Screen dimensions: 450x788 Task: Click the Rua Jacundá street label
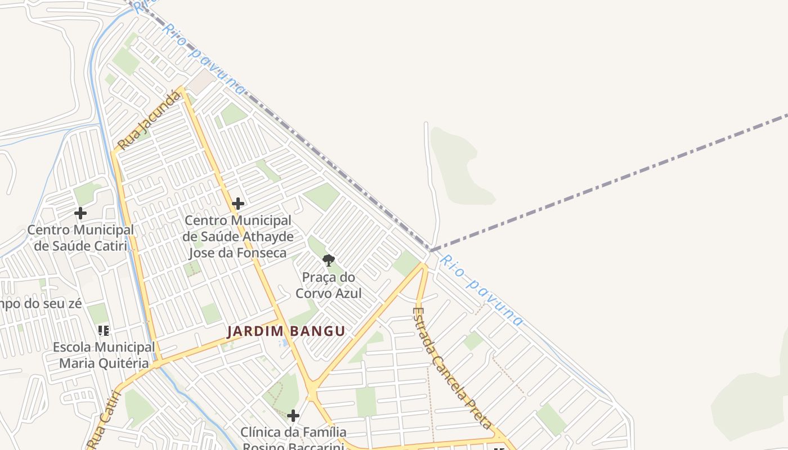150,120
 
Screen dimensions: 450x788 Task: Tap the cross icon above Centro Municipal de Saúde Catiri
80,213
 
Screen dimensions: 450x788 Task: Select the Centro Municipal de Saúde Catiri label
80,237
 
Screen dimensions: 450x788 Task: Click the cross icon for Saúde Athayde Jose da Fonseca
238,204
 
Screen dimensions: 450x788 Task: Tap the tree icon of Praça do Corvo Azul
329,260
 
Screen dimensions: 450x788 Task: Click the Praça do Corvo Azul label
329,285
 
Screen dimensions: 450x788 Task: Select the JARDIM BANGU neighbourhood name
286,331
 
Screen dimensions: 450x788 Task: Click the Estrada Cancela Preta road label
452,368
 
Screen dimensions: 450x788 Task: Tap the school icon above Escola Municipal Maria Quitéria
103,330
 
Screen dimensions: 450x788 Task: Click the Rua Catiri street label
105,419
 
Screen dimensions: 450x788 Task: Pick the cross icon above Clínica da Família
293,416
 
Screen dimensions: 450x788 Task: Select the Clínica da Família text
293,433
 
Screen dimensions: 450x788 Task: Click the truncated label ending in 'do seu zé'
41,304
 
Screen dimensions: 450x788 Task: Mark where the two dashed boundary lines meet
431,250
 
